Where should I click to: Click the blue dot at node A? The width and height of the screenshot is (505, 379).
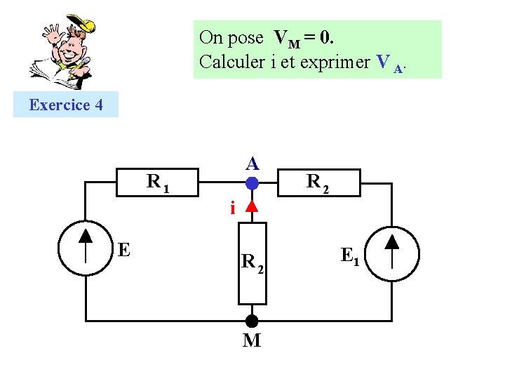[252, 184]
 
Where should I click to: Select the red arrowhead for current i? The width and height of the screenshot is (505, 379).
[252, 207]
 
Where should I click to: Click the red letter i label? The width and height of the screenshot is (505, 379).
[232, 208]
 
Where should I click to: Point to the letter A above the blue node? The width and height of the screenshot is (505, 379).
[252, 164]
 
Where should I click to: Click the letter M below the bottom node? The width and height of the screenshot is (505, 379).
[252, 341]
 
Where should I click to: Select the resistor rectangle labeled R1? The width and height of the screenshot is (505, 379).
[159, 183]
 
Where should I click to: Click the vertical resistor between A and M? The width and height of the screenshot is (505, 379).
[252, 263]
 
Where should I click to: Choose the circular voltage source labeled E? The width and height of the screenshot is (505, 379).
[85, 248]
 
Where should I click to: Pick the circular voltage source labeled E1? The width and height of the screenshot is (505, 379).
[392, 253]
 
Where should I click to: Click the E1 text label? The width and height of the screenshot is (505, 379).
[350, 256]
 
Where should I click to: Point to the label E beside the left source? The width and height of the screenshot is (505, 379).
[124, 249]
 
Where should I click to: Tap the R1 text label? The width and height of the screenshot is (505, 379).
[158, 182]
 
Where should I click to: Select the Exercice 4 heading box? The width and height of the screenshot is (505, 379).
[66, 105]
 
